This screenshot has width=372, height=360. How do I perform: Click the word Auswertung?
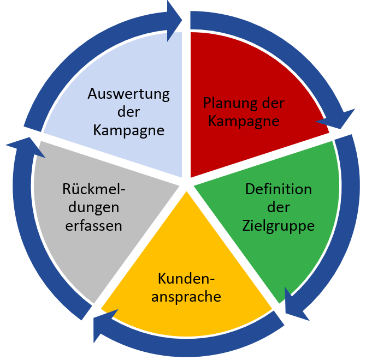coord(129,93)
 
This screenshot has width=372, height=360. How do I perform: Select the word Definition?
coord(279,189)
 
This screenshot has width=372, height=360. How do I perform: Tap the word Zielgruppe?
coord(279,225)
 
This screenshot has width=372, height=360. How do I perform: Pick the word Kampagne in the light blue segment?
coord(129,130)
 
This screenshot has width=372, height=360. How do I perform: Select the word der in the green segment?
coord(278,207)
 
